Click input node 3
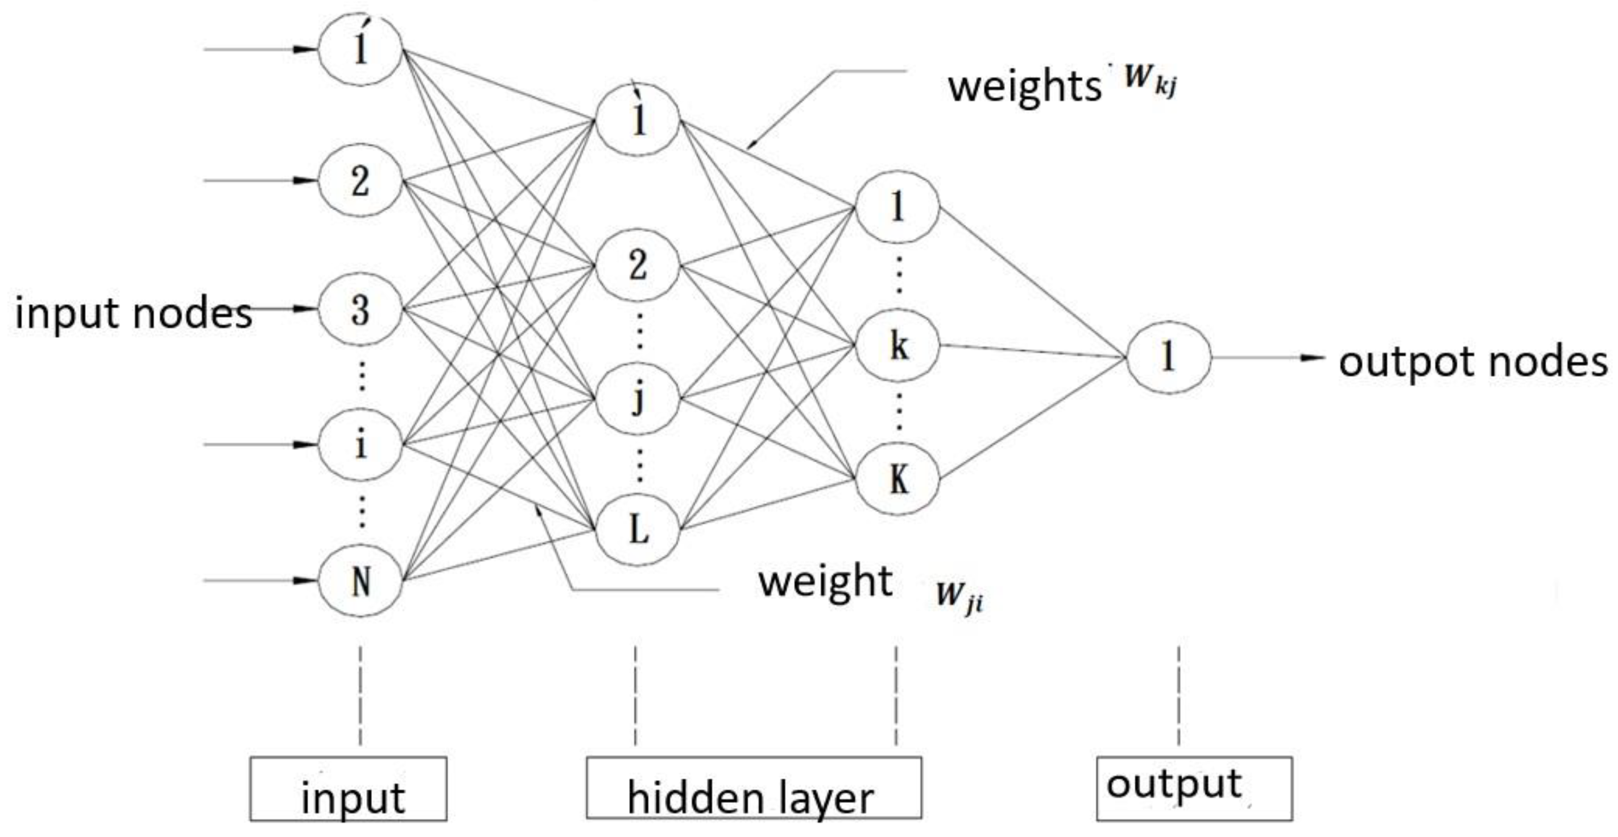coord(360,309)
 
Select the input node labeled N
coord(360,581)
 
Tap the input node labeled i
coord(360,445)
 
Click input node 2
coord(360,181)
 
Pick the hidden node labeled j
coord(638,398)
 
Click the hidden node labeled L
coord(638,529)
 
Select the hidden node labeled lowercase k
coord(898,345)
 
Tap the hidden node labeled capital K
coord(898,480)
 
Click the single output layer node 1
coord(1168,358)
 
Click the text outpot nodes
coord(1473,362)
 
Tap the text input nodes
coord(133,312)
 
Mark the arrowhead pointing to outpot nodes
coord(1311,358)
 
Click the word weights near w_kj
coord(1024,87)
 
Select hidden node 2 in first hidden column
coord(638,266)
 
